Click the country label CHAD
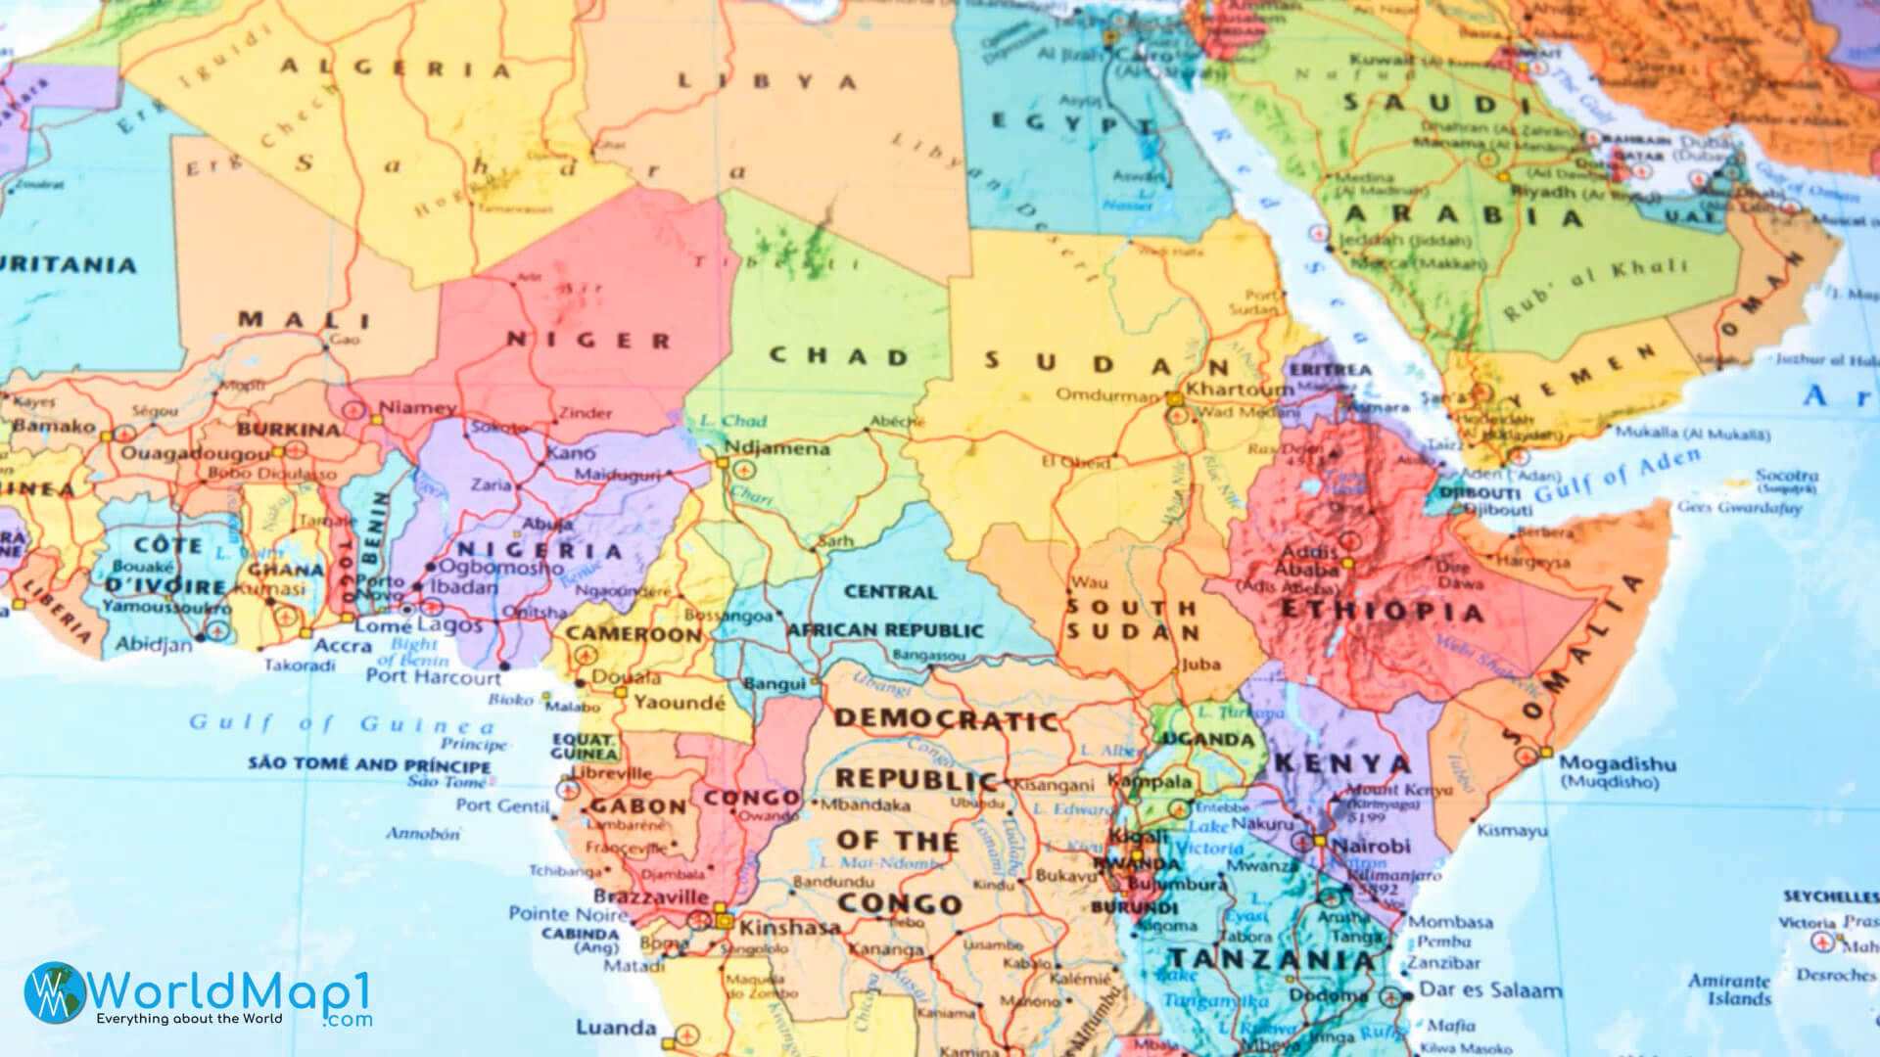click(x=839, y=356)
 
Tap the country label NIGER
click(x=588, y=341)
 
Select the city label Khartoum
click(x=1240, y=390)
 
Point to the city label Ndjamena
click(x=776, y=449)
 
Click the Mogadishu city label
click(x=1617, y=763)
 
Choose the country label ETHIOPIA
click(x=1382, y=612)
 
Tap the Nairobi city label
click(x=1371, y=846)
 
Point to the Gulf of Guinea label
click(x=342, y=724)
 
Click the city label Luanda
click(x=615, y=1028)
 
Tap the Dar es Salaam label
click(x=1490, y=990)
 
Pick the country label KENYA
click(x=1341, y=763)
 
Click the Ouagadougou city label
click(x=194, y=454)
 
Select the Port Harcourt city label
click(x=433, y=676)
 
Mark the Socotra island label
click(x=1786, y=476)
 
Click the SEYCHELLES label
click(x=1829, y=896)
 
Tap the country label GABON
click(x=637, y=807)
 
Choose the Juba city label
click(x=1200, y=665)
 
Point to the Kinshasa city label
click(x=789, y=927)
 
